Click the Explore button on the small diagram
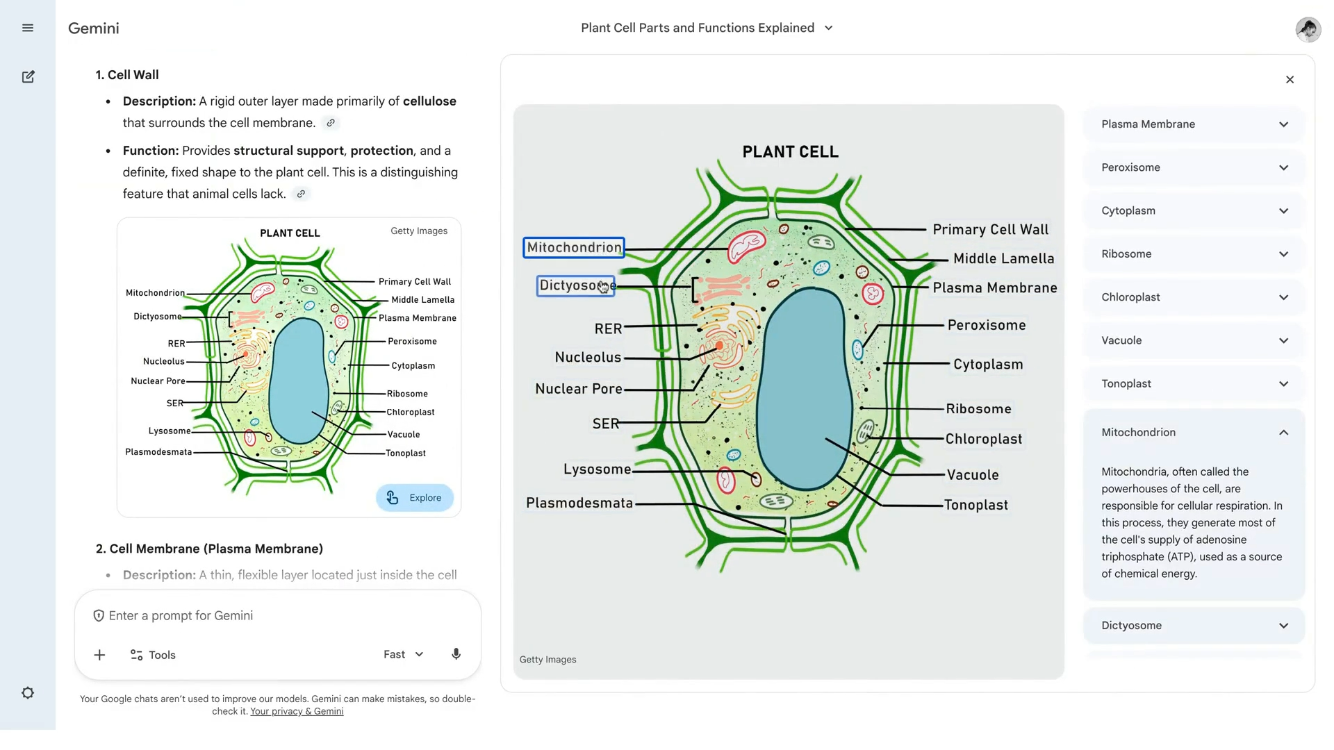[415, 498]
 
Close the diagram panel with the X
[1290, 80]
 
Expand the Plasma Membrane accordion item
[1193, 124]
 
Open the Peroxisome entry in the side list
[1193, 167]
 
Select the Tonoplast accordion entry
[1193, 384]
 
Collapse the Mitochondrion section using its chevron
[1283, 433]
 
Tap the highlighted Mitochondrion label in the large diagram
[574, 248]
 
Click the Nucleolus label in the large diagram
[588, 358]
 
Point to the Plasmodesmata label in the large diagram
[579, 503]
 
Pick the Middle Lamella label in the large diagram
[1003, 259]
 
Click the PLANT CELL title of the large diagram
[790, 152]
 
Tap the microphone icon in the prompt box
[456, 654]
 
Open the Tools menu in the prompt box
[154, 655]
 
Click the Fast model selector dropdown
[403, 654]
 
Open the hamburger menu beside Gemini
[28, 28]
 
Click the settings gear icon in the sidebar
[28, 693]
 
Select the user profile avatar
[1308, 29]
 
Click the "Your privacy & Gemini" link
[297, 712]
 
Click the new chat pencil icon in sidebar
[28, 77]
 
